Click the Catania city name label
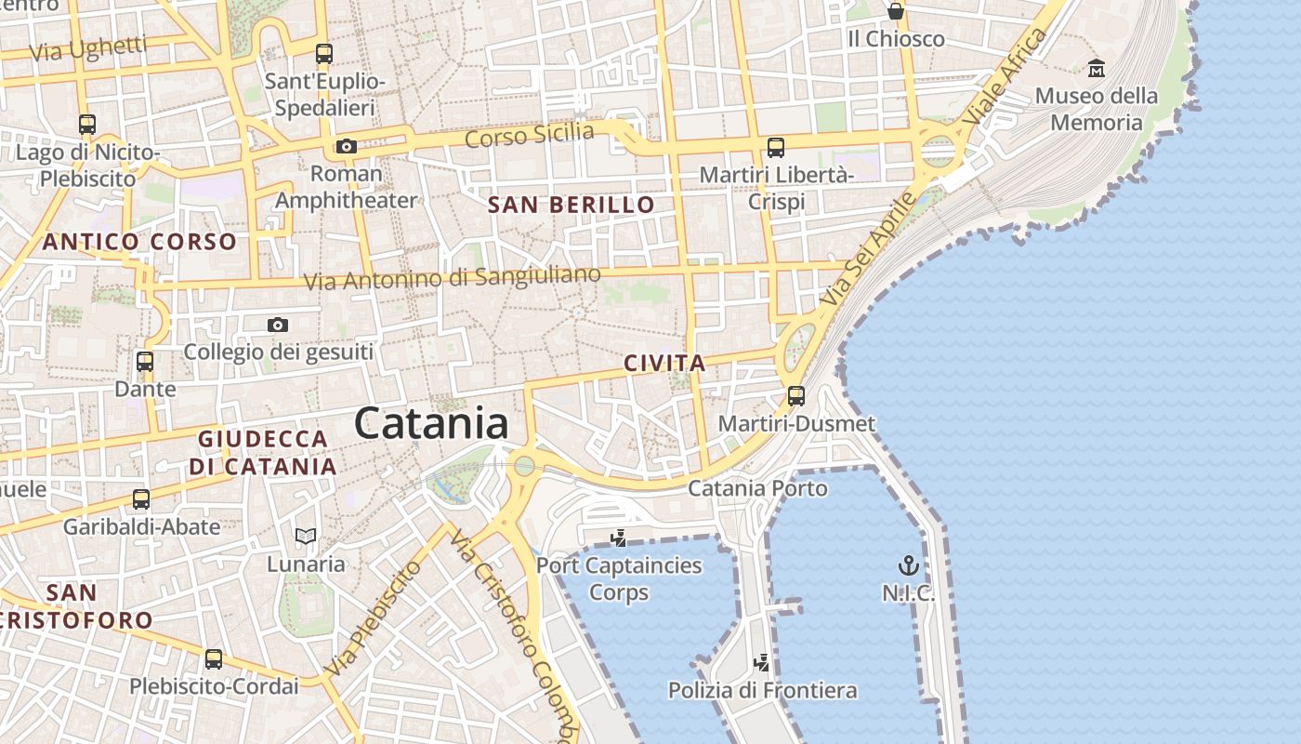431,424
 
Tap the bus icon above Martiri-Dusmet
796,396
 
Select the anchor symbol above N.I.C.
908,565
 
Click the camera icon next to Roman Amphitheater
347,146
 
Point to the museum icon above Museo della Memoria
1097,68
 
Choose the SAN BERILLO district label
572,205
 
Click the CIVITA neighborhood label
664,364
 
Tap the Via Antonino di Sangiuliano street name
453,278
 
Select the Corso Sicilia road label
529,135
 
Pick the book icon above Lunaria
306,536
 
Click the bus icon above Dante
145,362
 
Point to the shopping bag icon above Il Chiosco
896,11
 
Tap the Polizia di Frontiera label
762,690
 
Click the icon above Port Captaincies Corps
618,538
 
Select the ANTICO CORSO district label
139,243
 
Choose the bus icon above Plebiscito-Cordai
214,659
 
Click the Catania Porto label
757,488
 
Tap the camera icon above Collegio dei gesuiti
278,325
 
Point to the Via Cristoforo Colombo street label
517,632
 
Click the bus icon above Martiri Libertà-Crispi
776,147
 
